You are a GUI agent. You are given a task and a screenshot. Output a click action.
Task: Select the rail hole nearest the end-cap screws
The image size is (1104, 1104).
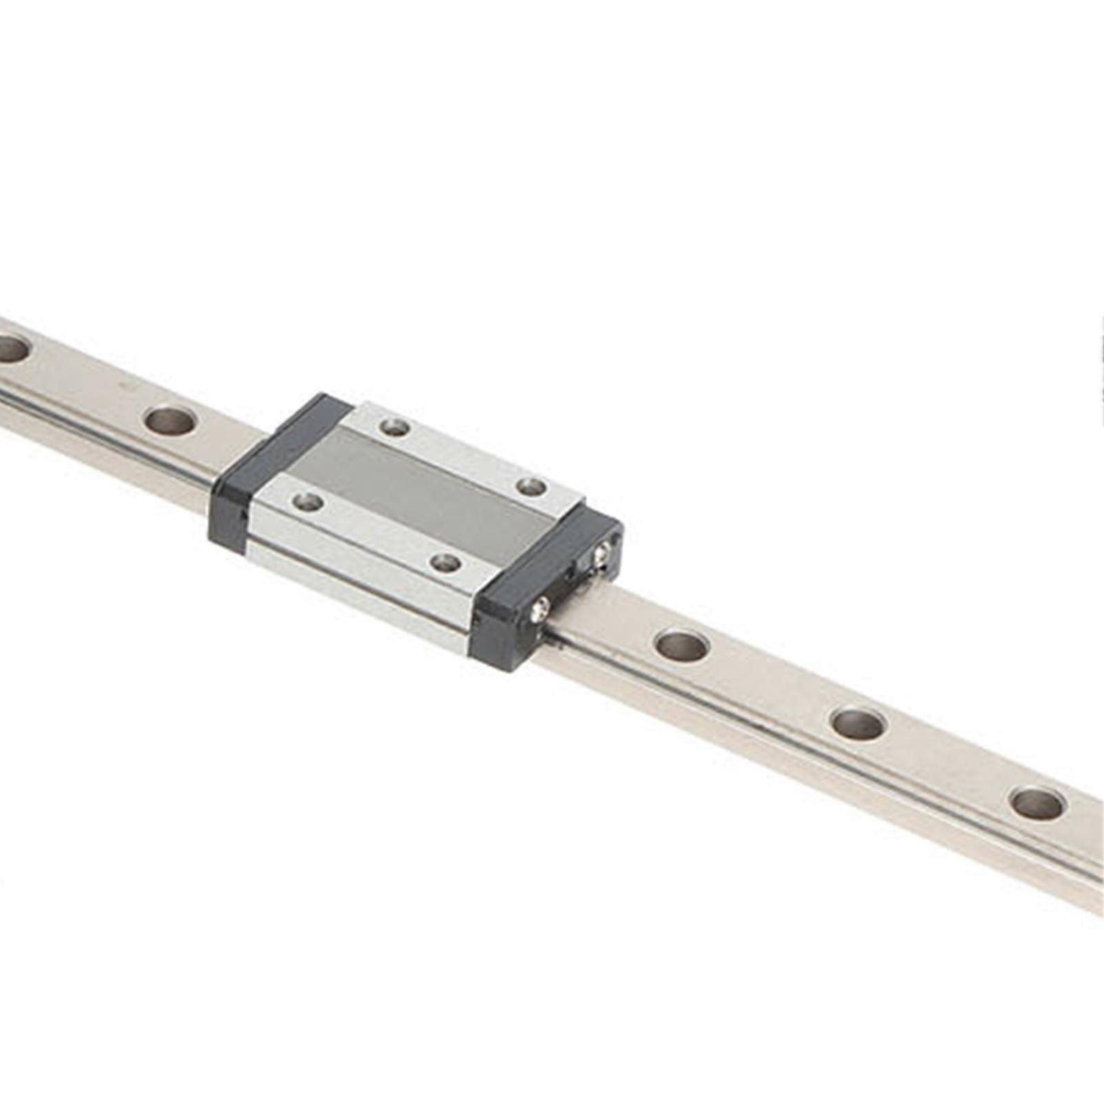(x=681, y=645)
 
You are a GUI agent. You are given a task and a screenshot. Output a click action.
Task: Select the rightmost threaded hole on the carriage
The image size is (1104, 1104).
(x=532, y=487)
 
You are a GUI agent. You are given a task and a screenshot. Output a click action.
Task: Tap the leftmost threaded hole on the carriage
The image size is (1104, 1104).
(x=308, y=501)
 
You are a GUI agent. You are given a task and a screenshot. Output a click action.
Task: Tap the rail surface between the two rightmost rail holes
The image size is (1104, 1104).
(x=948, y=761)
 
